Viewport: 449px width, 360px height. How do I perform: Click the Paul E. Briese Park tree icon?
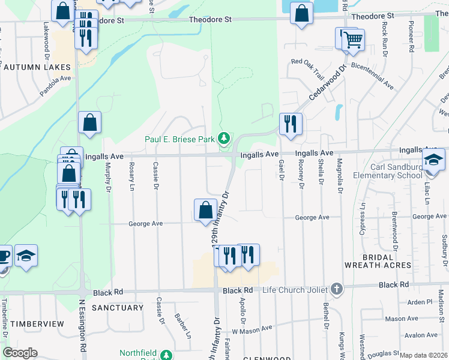point(224,139)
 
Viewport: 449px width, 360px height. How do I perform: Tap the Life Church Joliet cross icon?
point(336,289)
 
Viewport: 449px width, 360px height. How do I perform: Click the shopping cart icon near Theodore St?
point(354,40)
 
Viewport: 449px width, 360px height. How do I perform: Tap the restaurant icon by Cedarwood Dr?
point(291,124)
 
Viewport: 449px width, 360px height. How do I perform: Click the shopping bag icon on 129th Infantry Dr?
point(205,210)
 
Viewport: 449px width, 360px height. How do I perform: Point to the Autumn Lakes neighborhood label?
point(37,67)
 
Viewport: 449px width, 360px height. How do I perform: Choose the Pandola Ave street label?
point(55,86)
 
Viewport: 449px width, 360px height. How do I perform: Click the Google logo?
point(20,353)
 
